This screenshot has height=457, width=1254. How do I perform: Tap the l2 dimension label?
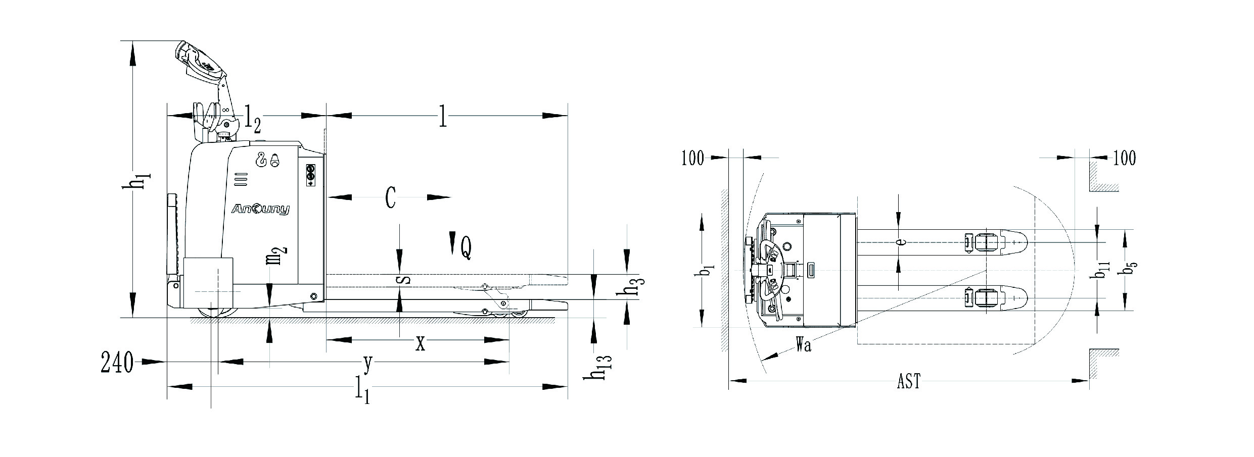pos(253,117)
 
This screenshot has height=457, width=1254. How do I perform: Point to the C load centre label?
pos(390,197)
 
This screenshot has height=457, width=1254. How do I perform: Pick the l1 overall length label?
pos(362,390)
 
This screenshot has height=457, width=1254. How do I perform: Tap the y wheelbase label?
pos(368,364)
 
